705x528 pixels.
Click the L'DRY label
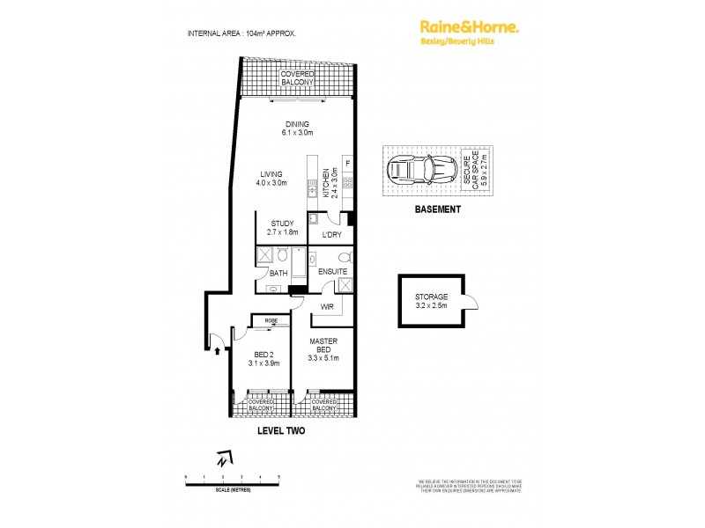pyautogui.click(x=332, y=235)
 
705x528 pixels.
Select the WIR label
pyautogui.click(x=326, y=307)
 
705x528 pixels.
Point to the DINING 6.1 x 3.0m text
pyautogui.click(x=296, y=128)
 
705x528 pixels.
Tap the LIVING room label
pyautogui.click(x=271, y=178)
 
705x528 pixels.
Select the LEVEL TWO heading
pyautogui.click(x=280, y=431)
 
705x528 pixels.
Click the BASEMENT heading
pyautogui.click(x=438, y=209)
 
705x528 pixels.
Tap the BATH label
pyautogui.click(x=278, y=274)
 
